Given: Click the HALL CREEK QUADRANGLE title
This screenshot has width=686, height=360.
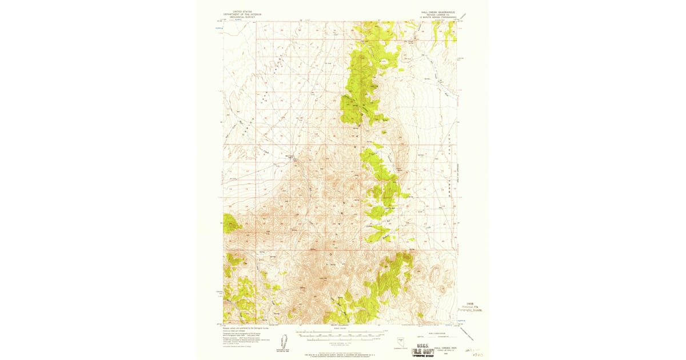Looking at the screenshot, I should click(439, 11).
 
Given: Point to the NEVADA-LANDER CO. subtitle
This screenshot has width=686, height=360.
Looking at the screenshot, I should click(439, 14).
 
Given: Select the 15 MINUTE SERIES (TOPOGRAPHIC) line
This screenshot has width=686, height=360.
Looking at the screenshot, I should click(439, 17).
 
